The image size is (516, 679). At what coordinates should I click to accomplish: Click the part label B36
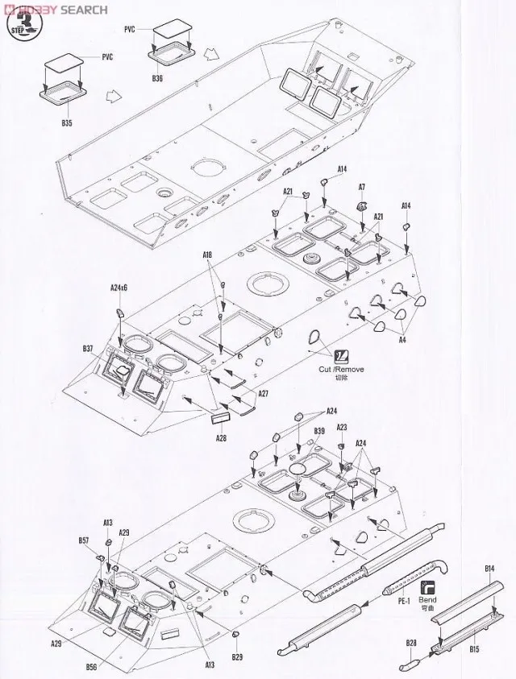tap(156, 78)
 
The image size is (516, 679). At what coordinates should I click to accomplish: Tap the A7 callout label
tap(362, 187)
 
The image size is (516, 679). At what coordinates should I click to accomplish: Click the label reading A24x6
tap(119, 288)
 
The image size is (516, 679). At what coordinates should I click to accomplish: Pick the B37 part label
tap(89, 348)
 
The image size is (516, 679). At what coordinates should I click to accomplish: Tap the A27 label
tap(263, 393)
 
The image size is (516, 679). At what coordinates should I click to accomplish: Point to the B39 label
tap(319, 432)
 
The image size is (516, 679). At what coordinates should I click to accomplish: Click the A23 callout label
tap(341, 427)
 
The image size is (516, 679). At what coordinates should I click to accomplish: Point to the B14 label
tap(489, 570)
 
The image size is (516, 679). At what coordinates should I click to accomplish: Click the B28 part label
tap(411, 643)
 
